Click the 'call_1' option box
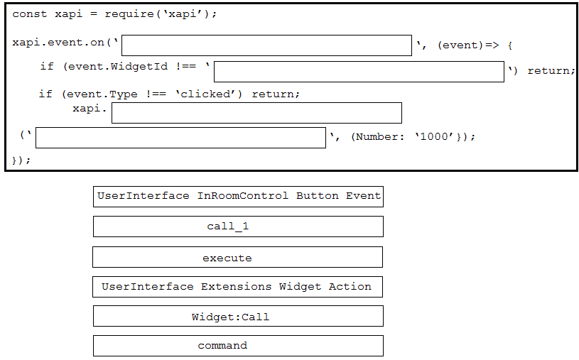click(238, 227)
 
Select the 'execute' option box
click(237, 257)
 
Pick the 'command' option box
click(238, 346)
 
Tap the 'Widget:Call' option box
click(238, 316)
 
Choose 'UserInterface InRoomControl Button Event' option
click(238, 197)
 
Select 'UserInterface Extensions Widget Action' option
click(237, 287)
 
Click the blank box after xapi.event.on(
click(266, 45)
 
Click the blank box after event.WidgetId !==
click(359, 72)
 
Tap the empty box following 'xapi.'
click(256, 113)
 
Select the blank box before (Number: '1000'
click(180, 138)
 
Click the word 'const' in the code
click(30, 14)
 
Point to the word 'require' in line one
click(129, 14)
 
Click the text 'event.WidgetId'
click(118, 67)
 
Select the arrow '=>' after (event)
click(492, 45)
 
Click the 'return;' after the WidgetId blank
click(551, 70)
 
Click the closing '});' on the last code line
click(21, 160)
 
